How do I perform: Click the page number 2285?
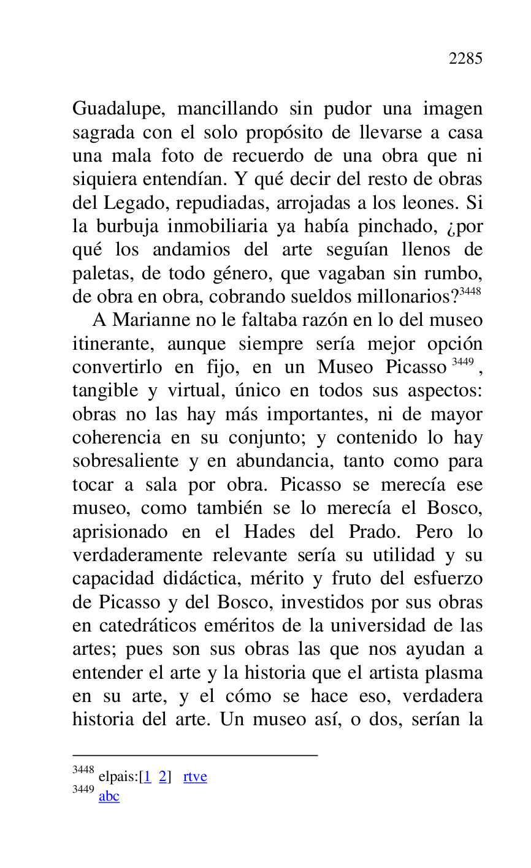coord(465,59)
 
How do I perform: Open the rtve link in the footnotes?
coord(195,777)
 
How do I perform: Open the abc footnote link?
coord(109,796)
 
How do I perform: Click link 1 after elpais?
coord(147,777)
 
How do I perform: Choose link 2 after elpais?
coord(162,777)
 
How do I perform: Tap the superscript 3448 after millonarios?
coord(470,291)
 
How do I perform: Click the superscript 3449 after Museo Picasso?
coord(463,361)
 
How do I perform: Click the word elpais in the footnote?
coord(118,777)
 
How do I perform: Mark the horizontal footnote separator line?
coord(195,755)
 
